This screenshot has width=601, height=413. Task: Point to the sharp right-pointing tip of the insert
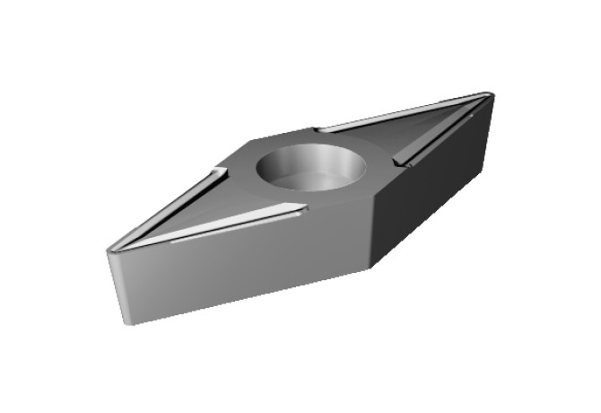click(489, 94)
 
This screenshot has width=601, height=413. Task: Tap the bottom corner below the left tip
click(126, 321)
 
